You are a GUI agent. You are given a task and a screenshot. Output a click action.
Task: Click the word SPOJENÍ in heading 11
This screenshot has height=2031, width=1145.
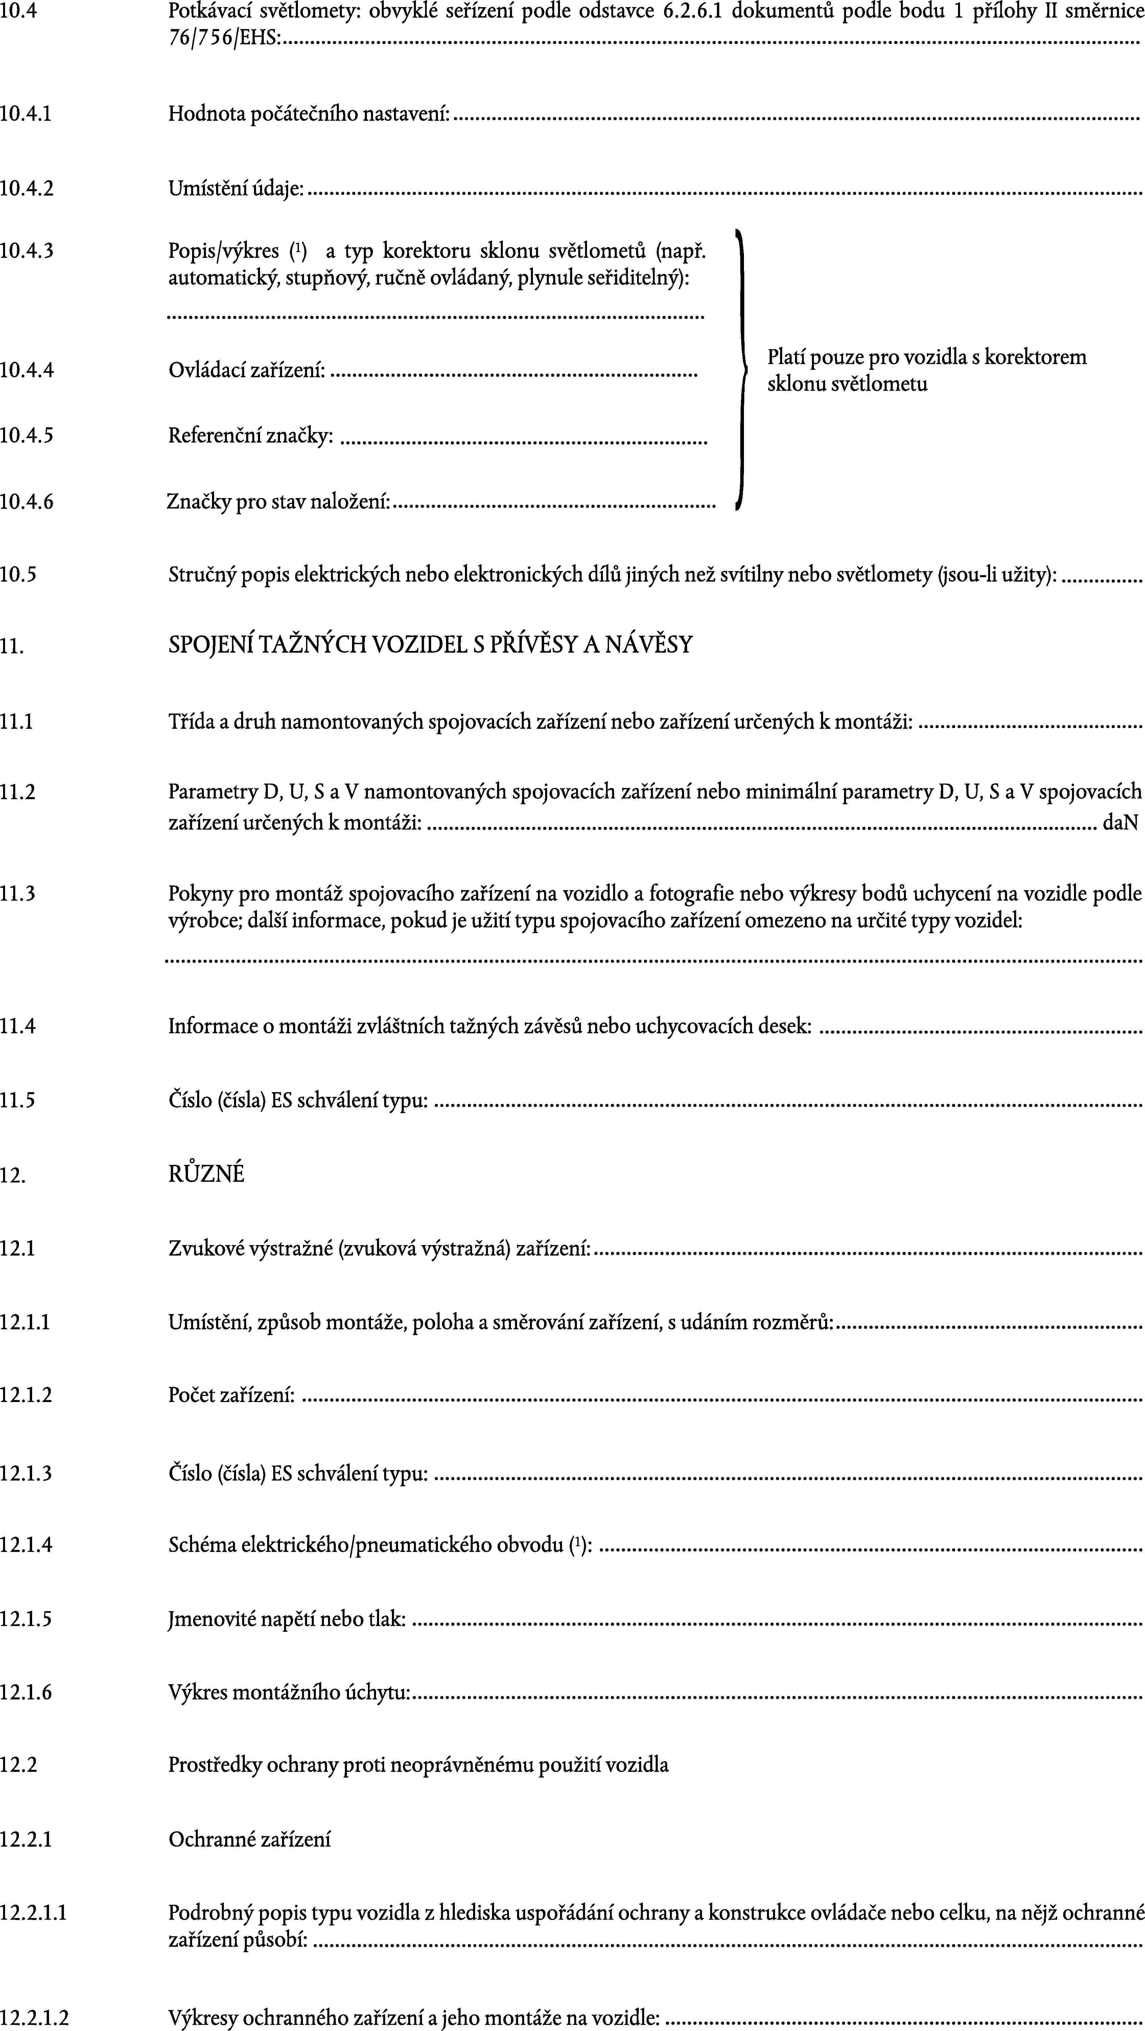208,645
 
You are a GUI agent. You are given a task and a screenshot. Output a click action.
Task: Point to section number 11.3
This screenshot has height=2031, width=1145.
17,893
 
